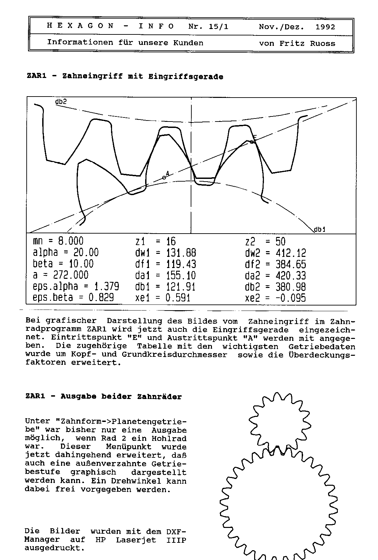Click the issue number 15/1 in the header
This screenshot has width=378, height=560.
(218, 27)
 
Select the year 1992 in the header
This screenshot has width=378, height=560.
(325, 27)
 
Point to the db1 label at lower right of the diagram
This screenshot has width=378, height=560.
(320, 230)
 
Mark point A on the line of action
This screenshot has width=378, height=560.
(164, 177)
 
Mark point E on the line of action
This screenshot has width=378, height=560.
(252, 142)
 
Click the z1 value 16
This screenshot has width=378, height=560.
(171, 241)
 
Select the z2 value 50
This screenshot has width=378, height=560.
(280, 242)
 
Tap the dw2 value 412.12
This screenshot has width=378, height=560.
(291, 253)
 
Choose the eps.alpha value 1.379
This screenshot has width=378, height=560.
(106, 287)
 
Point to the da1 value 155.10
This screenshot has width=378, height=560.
(181, 275)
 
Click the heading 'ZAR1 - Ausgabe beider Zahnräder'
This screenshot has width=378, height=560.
(103, 397)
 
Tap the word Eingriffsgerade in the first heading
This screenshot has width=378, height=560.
(186, 77)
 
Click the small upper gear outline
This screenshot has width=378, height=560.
(279, 420)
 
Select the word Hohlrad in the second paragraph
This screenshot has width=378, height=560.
(170, 438)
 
